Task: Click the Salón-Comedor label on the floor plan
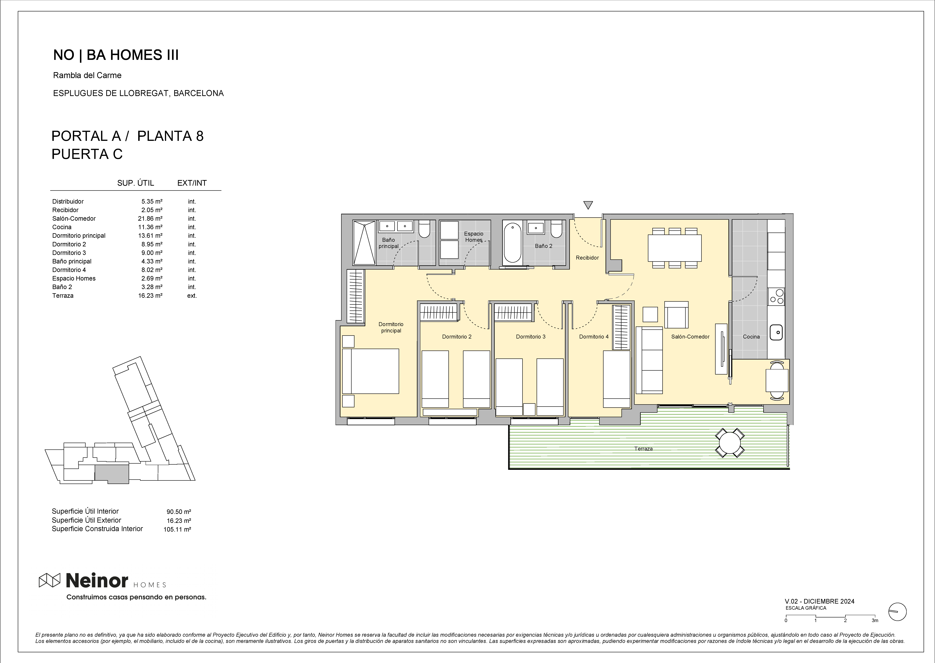click(x=690, y=337)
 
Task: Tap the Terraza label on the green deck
click(x=644, y=449)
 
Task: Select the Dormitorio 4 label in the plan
click(x=594, y=337)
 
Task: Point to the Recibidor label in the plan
click(x=587, y=258)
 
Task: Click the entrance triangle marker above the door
click(x=588, y=205)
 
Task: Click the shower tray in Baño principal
click(x=364, y=243)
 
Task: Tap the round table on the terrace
click(x=730, y=443)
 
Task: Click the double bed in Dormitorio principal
click(x=371, y=371)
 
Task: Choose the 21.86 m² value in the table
click(x=150, y=218)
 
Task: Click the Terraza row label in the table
click(x=63, y=296)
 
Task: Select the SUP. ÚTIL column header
click(x=135, y=183)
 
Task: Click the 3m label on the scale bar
click(x=875, y=620)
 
